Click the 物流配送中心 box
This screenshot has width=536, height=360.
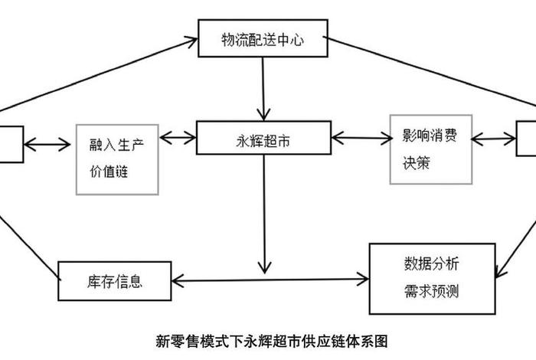coord(263,39)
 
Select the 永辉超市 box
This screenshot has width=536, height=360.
coord(263,140)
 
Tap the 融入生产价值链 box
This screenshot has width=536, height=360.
coord(117,158)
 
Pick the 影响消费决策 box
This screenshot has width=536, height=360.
coord(430,149)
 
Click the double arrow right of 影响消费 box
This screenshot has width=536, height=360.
coord(493,139)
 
